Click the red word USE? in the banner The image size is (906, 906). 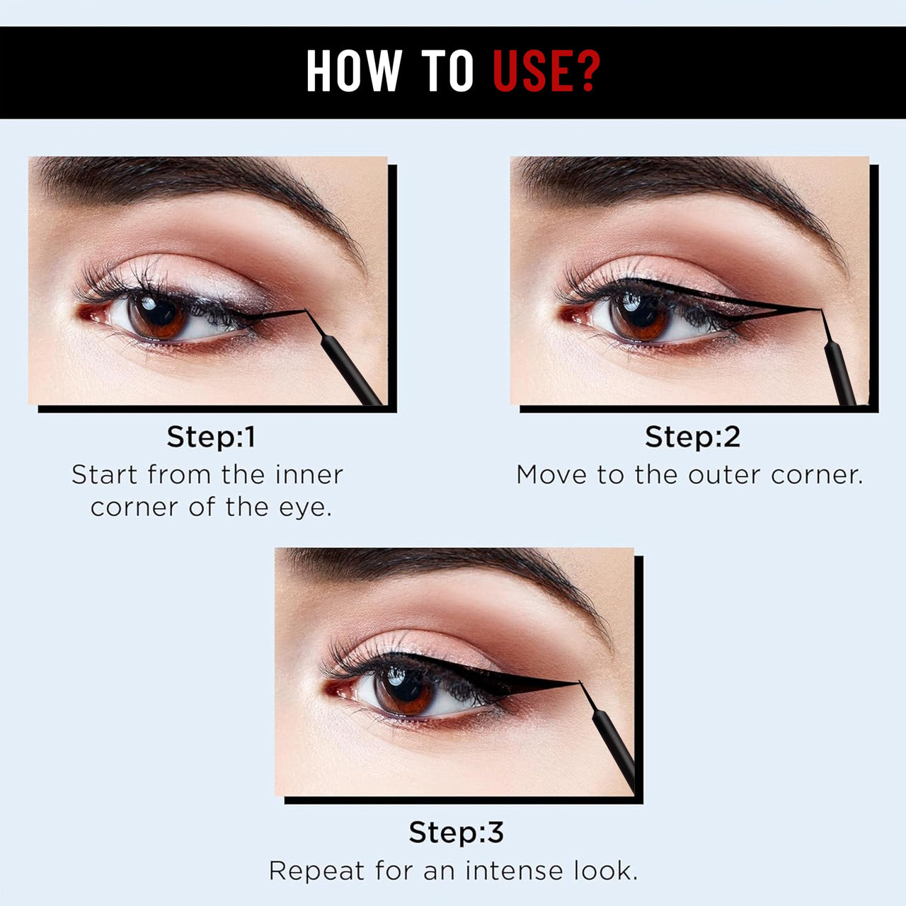coord(546,71)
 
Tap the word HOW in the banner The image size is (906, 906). coord(353,71)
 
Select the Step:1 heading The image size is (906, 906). coord(211,437)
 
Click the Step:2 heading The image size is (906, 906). coord(692,437)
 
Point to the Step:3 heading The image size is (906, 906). coord(456,832)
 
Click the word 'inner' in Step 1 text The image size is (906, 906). coord(309,474)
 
